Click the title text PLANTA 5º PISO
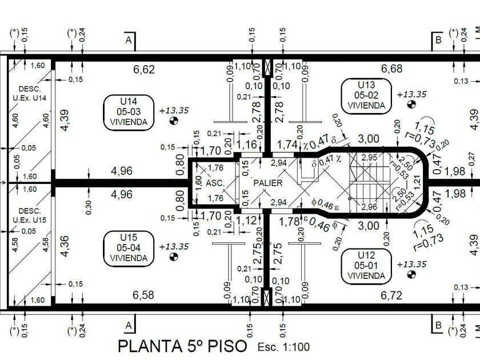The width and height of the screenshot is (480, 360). tap(182, 346)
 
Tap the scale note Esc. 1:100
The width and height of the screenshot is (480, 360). tap(283, 347)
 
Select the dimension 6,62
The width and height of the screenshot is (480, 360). tap(144, 70)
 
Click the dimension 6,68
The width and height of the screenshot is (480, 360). tap(391, 69)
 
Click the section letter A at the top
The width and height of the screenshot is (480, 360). tap(129, 40)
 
